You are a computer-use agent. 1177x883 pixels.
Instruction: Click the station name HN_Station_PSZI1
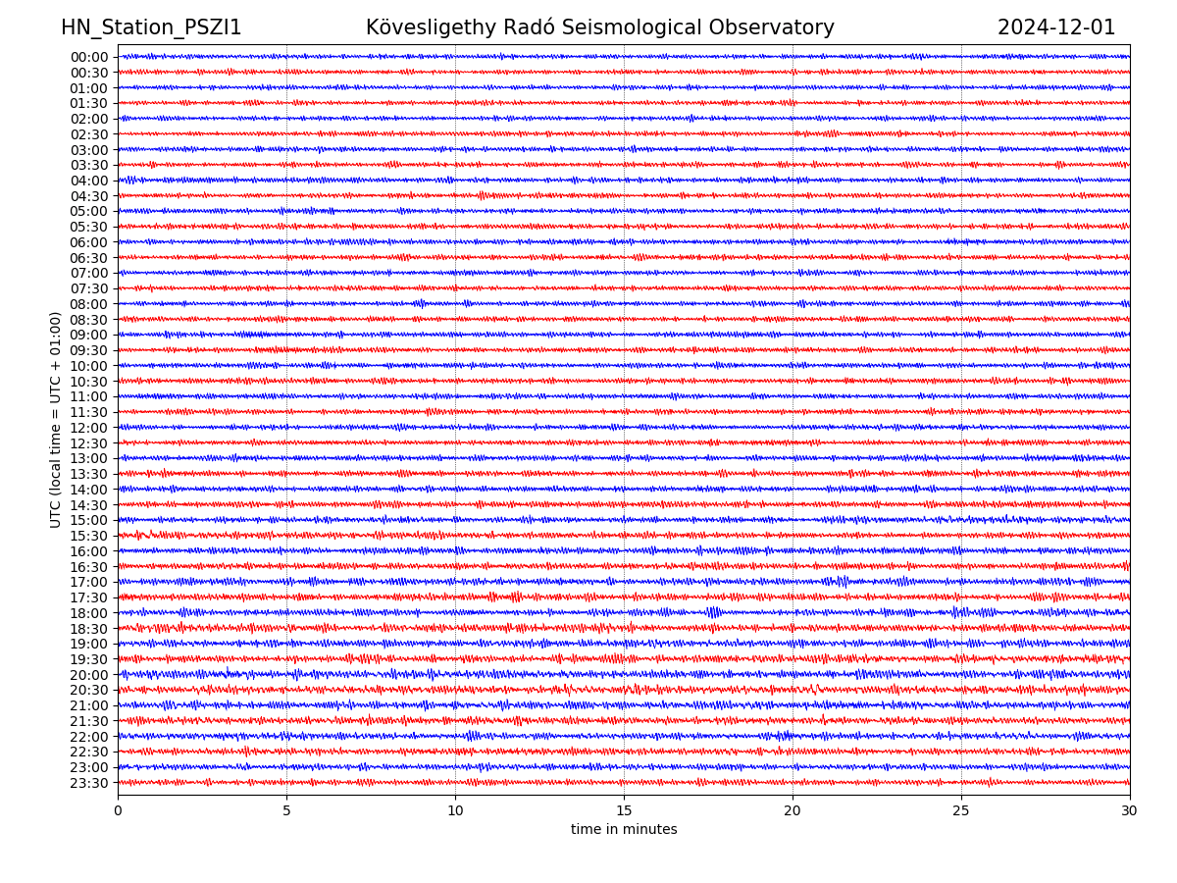pyautogui.click(x=151, y=28)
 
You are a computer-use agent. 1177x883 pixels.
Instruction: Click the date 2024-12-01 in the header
pyautogui.click(x=1056, y=28)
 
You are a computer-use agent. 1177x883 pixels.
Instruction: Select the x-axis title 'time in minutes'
pyautogui.click(x=624, y=830)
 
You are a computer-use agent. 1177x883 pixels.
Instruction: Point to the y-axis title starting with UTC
pyautogui.click(x=56, y=420)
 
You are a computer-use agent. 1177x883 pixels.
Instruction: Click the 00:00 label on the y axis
pyautogui.click(x=89, y=57)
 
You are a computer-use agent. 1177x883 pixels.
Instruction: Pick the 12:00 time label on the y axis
pyautogui.click(x=89, y=428)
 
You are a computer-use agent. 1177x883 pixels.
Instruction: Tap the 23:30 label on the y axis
pyautogui.click(x=89, y=783)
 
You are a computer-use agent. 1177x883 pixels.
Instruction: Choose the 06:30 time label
pyautogui.click(x=89, y=258)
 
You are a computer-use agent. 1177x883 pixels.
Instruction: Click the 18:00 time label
pyautogui.click(x=89, y=613)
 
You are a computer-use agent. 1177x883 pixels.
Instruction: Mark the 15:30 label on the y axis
pyautogui.click(x=89, y=536)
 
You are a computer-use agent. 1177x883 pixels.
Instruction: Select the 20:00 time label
pyautogui.click(x=89, y=675)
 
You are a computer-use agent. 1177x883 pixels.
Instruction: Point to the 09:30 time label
pyautogui.click(x=89, y=350)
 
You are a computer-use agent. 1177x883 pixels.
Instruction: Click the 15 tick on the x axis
pyautogui.click(x=624, y=811)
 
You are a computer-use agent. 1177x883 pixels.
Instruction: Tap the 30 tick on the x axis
pyautogui.click(x=1130, y=811)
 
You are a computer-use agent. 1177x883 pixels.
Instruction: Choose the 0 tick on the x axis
pyautogui.click(x=118, y=811)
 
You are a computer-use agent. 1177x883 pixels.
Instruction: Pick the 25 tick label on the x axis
pyautogui.click(x=961, y=811)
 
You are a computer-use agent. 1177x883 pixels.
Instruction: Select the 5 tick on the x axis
pyautogui.click(x=286, y=811)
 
